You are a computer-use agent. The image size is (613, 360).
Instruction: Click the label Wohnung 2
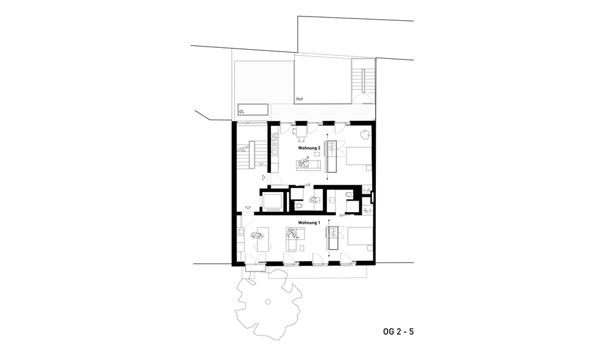tap(309, 148)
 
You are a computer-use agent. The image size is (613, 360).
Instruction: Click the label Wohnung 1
tap(309, 223)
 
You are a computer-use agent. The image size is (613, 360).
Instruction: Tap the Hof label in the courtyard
tap(300, 99)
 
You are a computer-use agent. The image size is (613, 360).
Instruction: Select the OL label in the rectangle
tap(242, 112)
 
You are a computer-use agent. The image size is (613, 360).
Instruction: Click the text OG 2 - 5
tap(398, 331)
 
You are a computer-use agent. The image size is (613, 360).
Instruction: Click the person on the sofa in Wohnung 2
tap(304, 162)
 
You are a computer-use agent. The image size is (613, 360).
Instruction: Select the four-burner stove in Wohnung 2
tap(274, 137)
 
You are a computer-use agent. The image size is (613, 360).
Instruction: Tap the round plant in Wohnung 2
tap(365, 134)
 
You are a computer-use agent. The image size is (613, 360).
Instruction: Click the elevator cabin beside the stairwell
tap(272, 202)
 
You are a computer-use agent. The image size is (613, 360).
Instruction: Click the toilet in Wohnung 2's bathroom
tap(299, 205)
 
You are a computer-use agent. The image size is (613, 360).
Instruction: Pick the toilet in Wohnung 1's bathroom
tap(348, 194)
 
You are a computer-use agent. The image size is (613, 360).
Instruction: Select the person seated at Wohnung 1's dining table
tap(256, 236)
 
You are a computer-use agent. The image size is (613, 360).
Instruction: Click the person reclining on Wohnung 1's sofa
tap(292, 234)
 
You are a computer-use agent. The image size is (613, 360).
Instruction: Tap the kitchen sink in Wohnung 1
tap(241, 231)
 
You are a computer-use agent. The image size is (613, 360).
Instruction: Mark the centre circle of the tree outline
tap(267, 302)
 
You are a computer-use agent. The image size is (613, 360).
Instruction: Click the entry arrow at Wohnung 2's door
tap(264, 178)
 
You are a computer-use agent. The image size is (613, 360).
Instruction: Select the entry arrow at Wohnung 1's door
tap(248, 207)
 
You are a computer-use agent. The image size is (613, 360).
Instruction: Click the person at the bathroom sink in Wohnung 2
tap(313, 200)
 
